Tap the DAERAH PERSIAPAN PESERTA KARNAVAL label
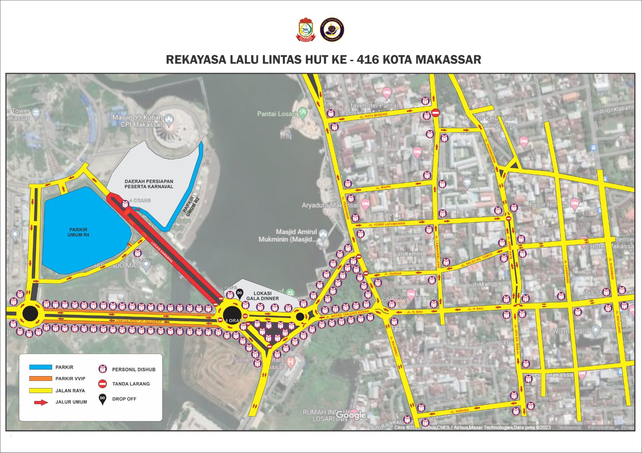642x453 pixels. pos(148,184)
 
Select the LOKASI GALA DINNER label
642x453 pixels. pos(262,296)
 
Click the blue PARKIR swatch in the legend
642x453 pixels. pos(41,367)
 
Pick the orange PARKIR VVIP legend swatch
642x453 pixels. pos(41,379)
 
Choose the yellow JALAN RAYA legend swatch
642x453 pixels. pos(41,391)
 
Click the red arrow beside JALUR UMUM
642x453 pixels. pos(41,402)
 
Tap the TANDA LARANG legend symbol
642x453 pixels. pos(103,384)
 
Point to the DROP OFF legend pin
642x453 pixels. pos(103,399)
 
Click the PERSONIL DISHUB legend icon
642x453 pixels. pos(103,369)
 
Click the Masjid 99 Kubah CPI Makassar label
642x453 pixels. pos(137,121)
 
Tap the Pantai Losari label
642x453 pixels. pos(276,114)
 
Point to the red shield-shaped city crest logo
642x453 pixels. pos(306,29)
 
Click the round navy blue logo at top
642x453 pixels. pos(332,29)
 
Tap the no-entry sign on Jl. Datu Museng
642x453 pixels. pos(436,113)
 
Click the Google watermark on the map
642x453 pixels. pos(351,415)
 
